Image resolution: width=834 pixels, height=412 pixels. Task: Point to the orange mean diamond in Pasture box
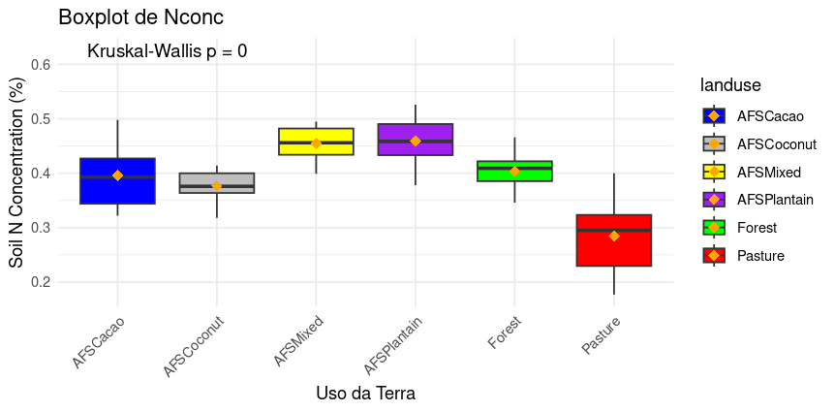(x=613, y=236)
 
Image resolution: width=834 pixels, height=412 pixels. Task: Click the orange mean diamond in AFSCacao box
(x=117, y=175)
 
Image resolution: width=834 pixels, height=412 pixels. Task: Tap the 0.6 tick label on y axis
(x=41, y=65)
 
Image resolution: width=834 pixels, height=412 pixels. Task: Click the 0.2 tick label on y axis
(x=41, y=282)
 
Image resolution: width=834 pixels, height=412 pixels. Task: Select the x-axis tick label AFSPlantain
(x=393, y=341)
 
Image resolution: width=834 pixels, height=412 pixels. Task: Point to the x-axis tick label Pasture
(x=601, y=334)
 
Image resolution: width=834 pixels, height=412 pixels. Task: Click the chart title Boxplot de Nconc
(x=141, y=17)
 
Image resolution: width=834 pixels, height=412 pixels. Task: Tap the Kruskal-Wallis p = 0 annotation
(x=167, y=51)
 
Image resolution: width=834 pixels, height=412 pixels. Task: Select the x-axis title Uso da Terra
(x=365, y=394)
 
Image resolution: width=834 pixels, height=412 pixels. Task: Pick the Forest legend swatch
(x=714, y=228)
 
